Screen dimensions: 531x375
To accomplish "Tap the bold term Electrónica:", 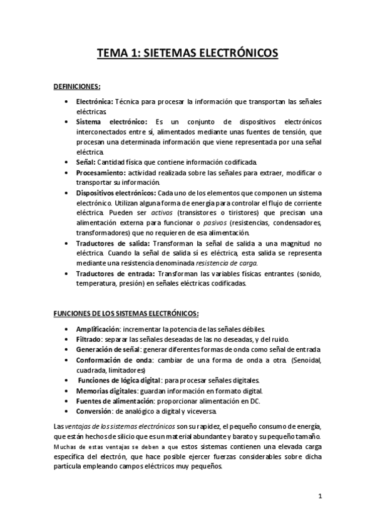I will click(95, 101).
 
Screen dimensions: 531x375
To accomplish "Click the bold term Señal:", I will click(85, 162).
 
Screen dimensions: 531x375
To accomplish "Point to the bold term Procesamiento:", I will click(100, 172).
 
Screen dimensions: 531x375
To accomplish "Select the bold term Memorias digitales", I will click(104, 390).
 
